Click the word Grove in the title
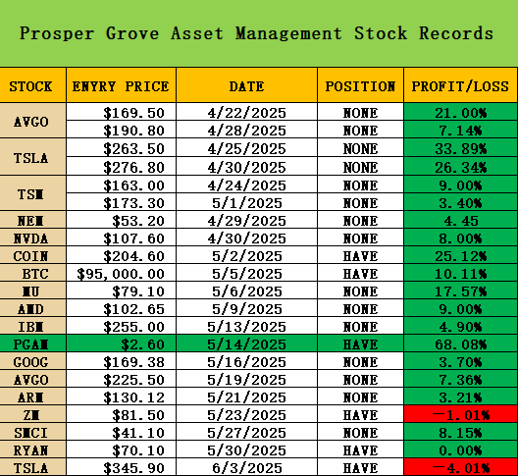132,33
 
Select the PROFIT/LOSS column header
460,86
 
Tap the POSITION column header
360,86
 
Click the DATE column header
247,86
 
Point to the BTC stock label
35,274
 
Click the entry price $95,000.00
121,274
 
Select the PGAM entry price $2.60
142,344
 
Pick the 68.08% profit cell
460,344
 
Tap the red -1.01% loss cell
460,415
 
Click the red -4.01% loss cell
460,468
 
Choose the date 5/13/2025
246,327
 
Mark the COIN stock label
30,256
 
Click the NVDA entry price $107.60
133,238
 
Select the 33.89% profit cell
460,149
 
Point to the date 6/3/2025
247,468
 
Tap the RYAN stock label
30,450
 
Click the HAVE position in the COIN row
360,256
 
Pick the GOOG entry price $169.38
133,362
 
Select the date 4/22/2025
246,113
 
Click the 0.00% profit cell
460,450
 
